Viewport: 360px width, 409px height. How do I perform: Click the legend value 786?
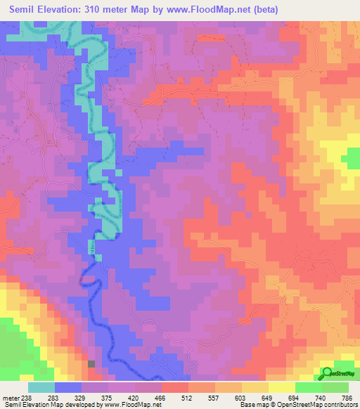point(347,397)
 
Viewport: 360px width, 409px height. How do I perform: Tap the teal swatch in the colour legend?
point(41,387)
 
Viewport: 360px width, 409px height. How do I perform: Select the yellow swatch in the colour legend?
point(282,387)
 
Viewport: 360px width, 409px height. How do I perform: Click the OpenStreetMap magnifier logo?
point(326,373)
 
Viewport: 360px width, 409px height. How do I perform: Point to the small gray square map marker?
point(91,363)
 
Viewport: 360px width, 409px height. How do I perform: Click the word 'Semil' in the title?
point(26,10)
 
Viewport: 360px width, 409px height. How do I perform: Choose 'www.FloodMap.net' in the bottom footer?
point(131,405)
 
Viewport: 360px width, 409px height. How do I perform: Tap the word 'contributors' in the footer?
point(337,405)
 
